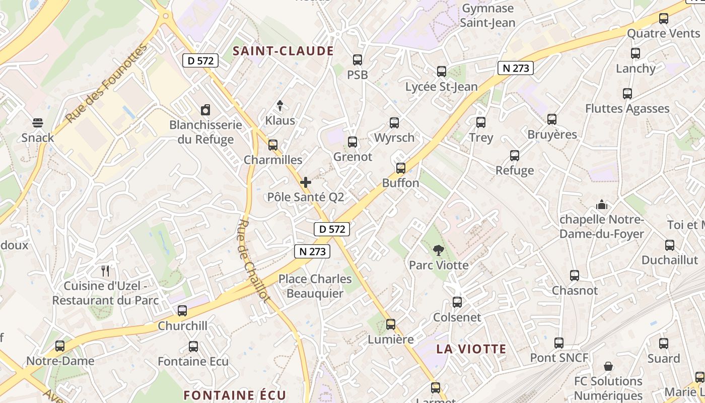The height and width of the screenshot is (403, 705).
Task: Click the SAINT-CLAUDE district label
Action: (x=284, y=51)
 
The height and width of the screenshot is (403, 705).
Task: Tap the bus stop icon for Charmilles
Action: (x=273, y=145)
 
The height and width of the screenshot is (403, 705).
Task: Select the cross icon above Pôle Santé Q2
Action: (x=306, y=182)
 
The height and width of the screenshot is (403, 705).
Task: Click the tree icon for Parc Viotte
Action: (x=439, y=250)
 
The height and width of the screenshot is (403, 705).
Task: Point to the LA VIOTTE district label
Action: (x=471, y=349)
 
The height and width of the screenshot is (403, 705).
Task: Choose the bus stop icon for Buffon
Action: (x=401, y=168)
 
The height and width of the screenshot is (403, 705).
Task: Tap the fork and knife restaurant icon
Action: (x=105, y=271)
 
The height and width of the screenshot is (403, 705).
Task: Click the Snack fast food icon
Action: (x=38, y=122)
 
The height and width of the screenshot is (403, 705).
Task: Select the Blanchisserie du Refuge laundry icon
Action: (x=205, y=110)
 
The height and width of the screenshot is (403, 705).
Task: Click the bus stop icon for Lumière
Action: (x=391, y=324)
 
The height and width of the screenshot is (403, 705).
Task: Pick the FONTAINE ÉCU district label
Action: (x=235, y=395)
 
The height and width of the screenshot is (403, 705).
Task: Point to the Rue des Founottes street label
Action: (x=107, y=83)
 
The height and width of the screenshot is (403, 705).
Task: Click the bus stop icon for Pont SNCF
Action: (x=559, y=343)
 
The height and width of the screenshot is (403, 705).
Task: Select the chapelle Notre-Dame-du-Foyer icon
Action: (x=602, y=205)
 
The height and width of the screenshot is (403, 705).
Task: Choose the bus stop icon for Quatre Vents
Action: (x=664, y=19)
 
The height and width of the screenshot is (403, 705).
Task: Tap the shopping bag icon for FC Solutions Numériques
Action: (x=608, y=366)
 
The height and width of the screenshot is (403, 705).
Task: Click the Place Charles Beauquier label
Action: (x=315, y=286)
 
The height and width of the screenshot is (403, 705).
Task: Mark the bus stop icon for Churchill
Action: (x=182, y=311)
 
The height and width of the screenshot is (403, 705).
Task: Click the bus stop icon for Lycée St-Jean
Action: (x=442, y=72)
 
